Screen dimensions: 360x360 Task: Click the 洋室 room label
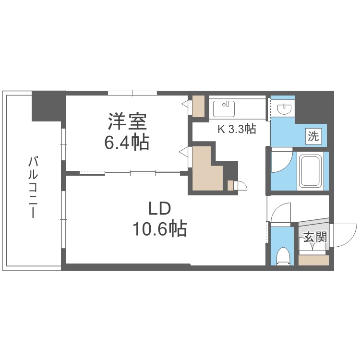tap(127, 121)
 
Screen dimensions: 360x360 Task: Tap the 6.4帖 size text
tap(127, 142)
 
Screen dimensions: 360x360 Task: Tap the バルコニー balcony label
tap(33, 187)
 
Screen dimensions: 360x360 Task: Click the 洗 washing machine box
tap(313, 136)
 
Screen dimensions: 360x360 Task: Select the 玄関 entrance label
tap(314, 237)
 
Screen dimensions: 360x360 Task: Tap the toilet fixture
tap(284, 256)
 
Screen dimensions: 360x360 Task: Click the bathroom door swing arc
tap(281, 161)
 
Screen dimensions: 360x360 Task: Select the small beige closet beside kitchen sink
tap(198, 107)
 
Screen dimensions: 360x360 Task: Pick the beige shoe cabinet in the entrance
tap(313, 260)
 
